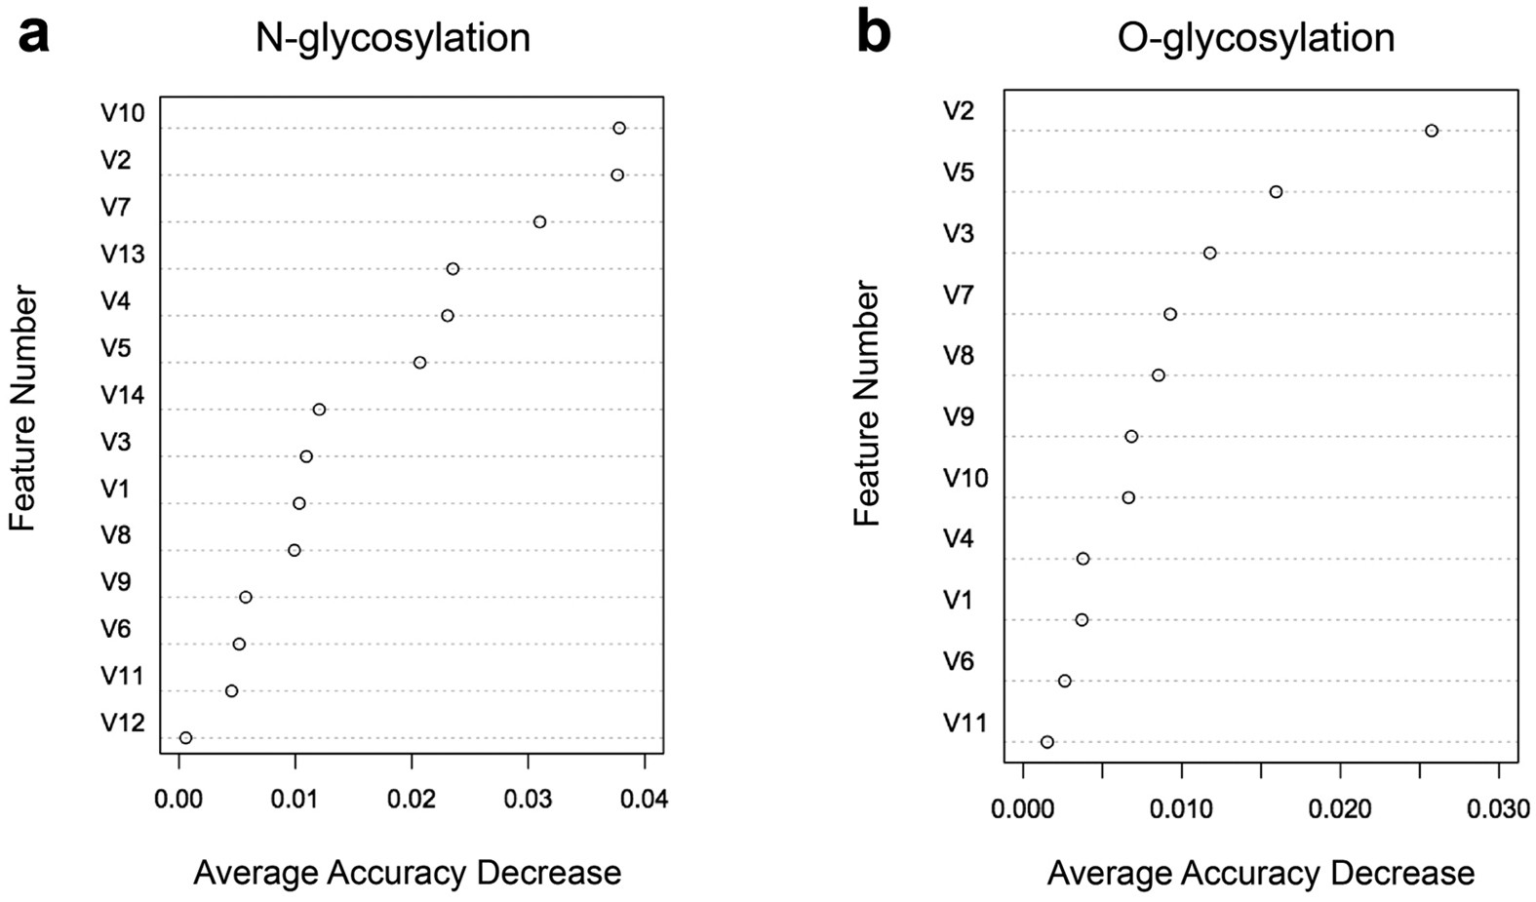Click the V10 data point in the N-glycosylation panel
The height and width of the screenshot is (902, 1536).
(x=619, y=128)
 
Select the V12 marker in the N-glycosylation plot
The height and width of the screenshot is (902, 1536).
(x=186, y=738)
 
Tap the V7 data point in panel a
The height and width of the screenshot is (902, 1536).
(x=539, y=222)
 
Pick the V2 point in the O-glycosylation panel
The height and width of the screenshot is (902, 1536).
(x=1431, y=131)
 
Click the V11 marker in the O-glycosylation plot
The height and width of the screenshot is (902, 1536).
(x=1047, y=742)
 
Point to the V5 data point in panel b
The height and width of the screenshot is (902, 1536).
(x=1276, y=192)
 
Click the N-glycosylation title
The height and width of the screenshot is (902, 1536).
(x=393, y=38)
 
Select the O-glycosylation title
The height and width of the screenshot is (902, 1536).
(x=1256, y=38)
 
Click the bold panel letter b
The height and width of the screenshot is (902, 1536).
(x=873, y=35)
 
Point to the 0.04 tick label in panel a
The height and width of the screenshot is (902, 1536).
(x=644, y=801)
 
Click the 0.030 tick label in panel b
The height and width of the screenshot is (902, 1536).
(x=1499, y=808)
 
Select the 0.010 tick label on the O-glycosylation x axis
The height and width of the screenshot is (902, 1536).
(x=1181, y=808)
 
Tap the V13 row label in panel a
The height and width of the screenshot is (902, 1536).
(x=123, y=255)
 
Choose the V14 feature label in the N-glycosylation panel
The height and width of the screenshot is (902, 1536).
(x=123, y=395)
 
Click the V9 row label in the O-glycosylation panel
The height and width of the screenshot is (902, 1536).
(x=958, y=417)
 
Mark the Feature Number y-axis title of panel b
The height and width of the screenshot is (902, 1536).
(x=867, y=403)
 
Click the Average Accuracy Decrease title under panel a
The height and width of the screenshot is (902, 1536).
(x=407, y=872)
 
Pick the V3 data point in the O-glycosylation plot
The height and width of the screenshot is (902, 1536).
(x=1209, y=253)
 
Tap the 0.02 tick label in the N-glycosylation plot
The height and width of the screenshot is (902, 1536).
(x=412, y=801)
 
